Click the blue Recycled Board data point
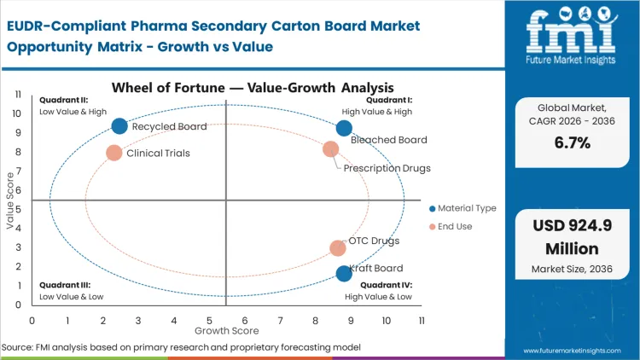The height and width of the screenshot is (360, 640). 119,126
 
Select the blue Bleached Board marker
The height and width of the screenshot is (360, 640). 344,128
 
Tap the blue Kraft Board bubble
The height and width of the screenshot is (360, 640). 344,273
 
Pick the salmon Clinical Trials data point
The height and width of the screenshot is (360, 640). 114,154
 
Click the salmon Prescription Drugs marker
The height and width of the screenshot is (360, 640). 331,149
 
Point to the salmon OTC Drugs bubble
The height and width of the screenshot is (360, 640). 338,248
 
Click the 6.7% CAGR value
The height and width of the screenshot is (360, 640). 572,142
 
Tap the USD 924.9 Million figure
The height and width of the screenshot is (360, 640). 572,238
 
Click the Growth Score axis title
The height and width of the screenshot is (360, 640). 226,330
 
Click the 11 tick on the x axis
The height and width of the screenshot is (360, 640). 422,320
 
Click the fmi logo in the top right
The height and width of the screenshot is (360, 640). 571,32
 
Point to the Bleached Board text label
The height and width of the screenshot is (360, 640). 389,140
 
